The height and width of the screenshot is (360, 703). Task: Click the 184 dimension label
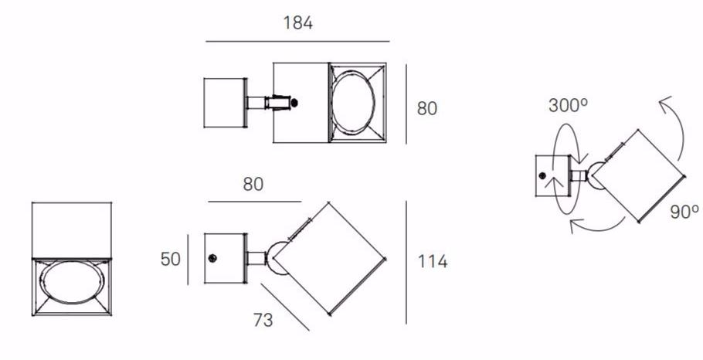tap(297, 23)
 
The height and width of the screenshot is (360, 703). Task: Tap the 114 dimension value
tap(432, 261)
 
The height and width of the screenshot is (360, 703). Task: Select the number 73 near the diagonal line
tap(263, 320)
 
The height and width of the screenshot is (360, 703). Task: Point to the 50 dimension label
tap(171, 259)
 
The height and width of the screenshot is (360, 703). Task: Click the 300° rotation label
tap(568, 105)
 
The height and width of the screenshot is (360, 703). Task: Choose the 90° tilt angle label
tap(684, 212)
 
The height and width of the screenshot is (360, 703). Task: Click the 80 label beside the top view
tap(426, 108)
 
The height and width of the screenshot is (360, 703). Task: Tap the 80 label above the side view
tap(253, 185)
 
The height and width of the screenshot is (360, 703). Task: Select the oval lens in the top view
tap(353, 103)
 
